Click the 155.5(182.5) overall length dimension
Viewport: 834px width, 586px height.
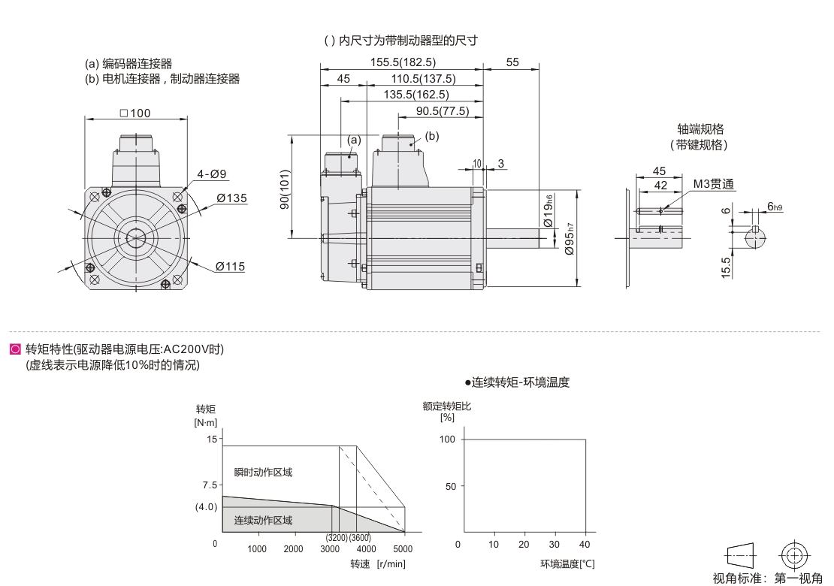pos(403,63)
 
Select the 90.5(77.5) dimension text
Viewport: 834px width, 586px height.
pos(443,111)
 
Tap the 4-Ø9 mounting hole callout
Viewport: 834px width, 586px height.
pos(212,174)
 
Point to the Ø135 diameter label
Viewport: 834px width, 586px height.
pos(231,198)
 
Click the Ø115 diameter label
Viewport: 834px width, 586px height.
pos(230,266)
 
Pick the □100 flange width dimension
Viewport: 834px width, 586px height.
pos(135,113)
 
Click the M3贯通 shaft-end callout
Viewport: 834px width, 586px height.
pos(713,184)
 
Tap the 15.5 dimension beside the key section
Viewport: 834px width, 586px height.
pos(726,267)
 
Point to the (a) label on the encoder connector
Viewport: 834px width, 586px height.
pos(354,140)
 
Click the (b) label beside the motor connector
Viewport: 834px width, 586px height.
pos(432,136)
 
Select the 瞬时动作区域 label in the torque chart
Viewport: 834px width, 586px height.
pos(262,473)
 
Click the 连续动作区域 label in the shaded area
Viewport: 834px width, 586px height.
pos(262,520)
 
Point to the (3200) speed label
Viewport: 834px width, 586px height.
pos(337,538)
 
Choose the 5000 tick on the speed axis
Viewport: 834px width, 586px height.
pos(403,549)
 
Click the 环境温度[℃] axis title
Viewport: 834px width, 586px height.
pos(567,563)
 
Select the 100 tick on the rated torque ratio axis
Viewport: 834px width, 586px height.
pos(447,439)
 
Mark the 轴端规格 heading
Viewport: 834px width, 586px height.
pos(699,129)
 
